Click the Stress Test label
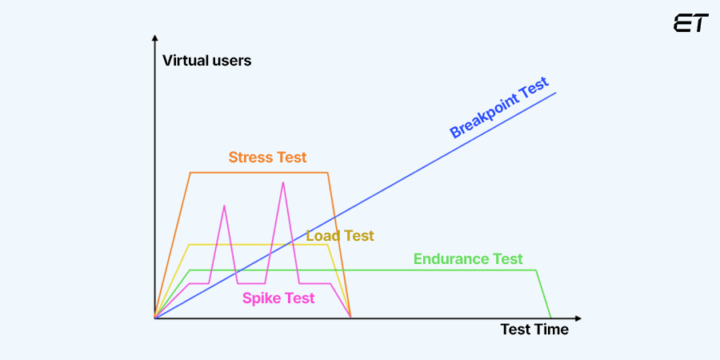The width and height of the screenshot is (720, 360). (267, 157)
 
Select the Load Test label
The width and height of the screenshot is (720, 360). (340, 236)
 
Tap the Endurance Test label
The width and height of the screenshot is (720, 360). (468, 259)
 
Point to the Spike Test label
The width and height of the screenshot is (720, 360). (278, 298)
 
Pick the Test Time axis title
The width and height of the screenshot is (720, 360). (534, 329)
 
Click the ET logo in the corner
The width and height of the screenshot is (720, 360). (690, 23)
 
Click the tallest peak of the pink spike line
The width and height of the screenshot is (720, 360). (282, 183)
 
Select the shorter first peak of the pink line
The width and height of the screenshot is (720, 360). (224, 206)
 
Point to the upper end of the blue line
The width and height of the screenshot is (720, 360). (555, 93)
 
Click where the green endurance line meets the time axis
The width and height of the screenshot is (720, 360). (551, 318)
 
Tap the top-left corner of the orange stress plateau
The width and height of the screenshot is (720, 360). (190, 173)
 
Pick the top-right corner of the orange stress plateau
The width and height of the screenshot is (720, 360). (328, 173)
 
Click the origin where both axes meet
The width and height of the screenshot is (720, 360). (154, 318)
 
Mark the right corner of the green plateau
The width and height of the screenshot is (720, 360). (536, 270)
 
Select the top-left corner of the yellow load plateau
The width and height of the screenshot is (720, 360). (189, 245)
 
